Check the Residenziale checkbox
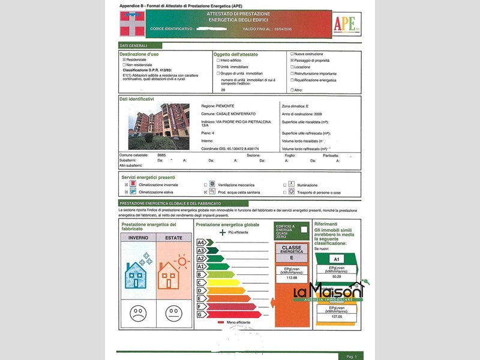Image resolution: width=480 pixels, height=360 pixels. click(x=124, y=60)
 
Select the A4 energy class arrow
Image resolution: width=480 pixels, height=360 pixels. click(x=202, y=242)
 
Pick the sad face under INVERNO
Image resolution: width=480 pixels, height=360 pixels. click(x=138, y=313)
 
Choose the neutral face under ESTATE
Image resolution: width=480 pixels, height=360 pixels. click(x=174, y=313)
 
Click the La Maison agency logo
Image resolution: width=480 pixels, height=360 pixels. click(x=329, y=292)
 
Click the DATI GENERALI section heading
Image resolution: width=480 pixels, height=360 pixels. click(x=133, y=46)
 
